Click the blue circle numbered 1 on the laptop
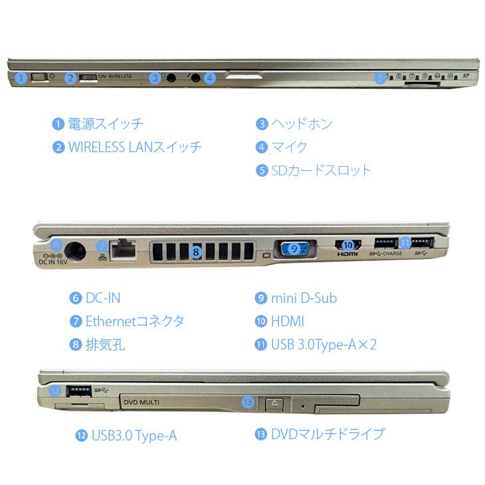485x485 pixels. pos(22,78)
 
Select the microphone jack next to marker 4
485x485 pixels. pos(195,77)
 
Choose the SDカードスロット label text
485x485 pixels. pos(322,170)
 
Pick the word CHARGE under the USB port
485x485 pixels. pos(393,253)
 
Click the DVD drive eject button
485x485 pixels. pos(275,403)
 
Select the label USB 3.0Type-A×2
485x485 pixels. pos(324,345)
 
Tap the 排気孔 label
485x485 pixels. pos(105,345)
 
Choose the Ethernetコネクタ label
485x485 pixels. pos(135,322)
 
